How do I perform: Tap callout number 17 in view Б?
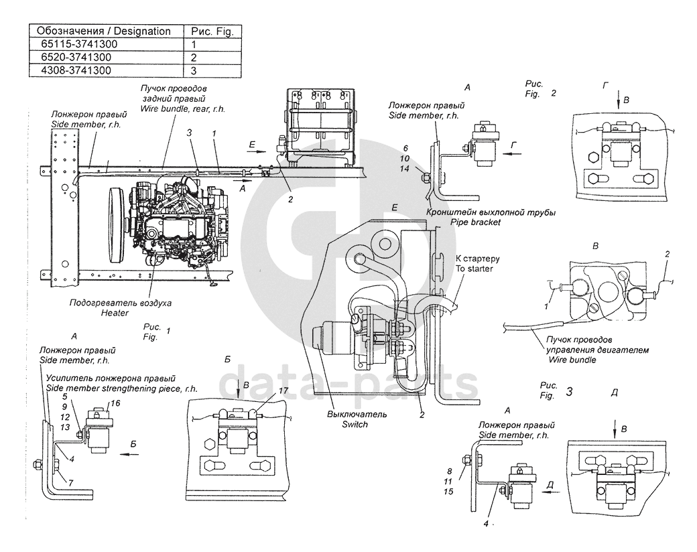click(283, 390)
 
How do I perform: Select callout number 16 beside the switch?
click(115, 404)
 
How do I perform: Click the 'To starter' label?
click(474, 269)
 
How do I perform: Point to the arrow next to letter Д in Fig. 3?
click(552, 490)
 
